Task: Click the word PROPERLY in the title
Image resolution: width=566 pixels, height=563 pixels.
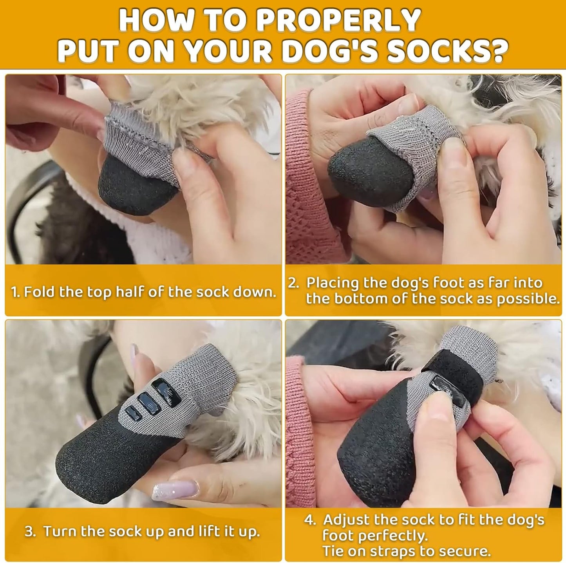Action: click(x=340, y=20)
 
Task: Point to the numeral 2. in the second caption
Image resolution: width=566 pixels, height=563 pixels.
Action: click(x=294, y=283)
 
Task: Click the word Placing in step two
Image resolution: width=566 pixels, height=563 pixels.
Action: click(x=333, y=283)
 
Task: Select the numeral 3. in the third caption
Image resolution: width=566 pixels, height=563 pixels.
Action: click(x=30, y=531)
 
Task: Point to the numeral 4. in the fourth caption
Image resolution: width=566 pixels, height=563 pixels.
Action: click(x=310, y=520)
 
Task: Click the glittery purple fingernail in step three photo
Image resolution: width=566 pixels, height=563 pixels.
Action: click(x=179, y=490)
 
